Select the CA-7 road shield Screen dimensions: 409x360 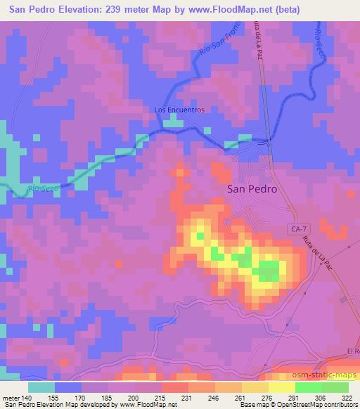pyautogui.click(x=298, y=228)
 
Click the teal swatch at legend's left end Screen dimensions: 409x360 pyautogui.click(x=42, y=387)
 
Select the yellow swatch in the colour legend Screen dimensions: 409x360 pyautogui.click(x=282, y=387)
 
